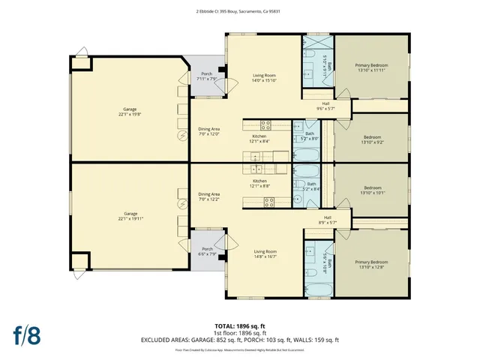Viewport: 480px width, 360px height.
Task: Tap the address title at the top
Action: point(240,11)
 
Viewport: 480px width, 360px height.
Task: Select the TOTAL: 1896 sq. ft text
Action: point(240,326)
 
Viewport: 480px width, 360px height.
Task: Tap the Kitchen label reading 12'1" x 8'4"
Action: point(260,138)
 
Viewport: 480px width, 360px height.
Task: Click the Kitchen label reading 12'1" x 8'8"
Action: point(259,184)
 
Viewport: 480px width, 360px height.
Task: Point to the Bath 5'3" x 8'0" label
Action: point(310,136)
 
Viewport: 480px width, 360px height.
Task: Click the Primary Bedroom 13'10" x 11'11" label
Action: point(370,68)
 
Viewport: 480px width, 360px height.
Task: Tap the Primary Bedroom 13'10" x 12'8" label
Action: point(370,264)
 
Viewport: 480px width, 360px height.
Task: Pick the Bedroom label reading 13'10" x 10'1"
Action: point(373,190)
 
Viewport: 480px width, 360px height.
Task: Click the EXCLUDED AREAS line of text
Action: point(240,340)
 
